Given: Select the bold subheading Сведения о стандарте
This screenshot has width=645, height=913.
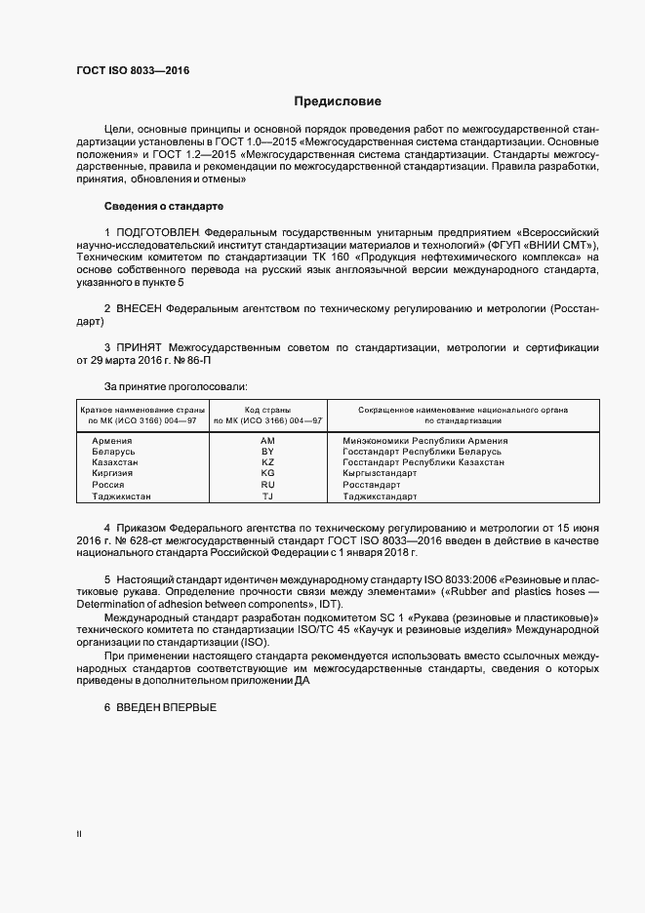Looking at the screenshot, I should (164, 206).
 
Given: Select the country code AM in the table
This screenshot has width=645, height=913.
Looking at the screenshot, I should (268, 441).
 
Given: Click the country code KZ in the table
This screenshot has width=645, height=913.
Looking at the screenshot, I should (268, 462).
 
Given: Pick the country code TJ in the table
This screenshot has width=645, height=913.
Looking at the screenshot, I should (268, 496).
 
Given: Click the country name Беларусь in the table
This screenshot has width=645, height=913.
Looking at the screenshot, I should (113, 452).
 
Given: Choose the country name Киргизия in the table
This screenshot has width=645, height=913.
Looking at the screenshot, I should (113, 473).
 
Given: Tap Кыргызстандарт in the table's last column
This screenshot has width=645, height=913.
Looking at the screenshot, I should (380, 473).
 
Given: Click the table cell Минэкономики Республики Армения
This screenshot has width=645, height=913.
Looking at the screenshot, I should (424, 441).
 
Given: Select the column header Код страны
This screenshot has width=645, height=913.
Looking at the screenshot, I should (268, 410).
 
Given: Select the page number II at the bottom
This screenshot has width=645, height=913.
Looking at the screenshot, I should (79, 834).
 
